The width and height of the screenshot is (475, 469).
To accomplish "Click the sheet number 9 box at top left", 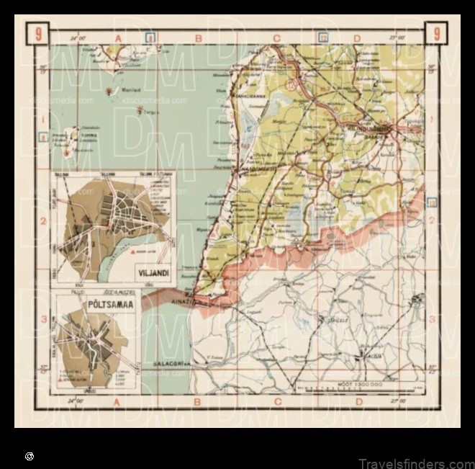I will (x=38, y=33).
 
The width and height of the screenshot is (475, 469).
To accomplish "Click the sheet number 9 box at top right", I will (x=435, y=33).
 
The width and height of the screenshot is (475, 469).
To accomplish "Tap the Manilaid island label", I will (x=129, y=90).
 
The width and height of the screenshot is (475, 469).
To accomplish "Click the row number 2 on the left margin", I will (x=43, y=222).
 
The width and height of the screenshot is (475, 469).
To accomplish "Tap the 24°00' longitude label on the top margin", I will (x=78, y=36).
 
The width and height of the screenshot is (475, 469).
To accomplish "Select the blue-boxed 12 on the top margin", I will (x=324, y=36).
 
